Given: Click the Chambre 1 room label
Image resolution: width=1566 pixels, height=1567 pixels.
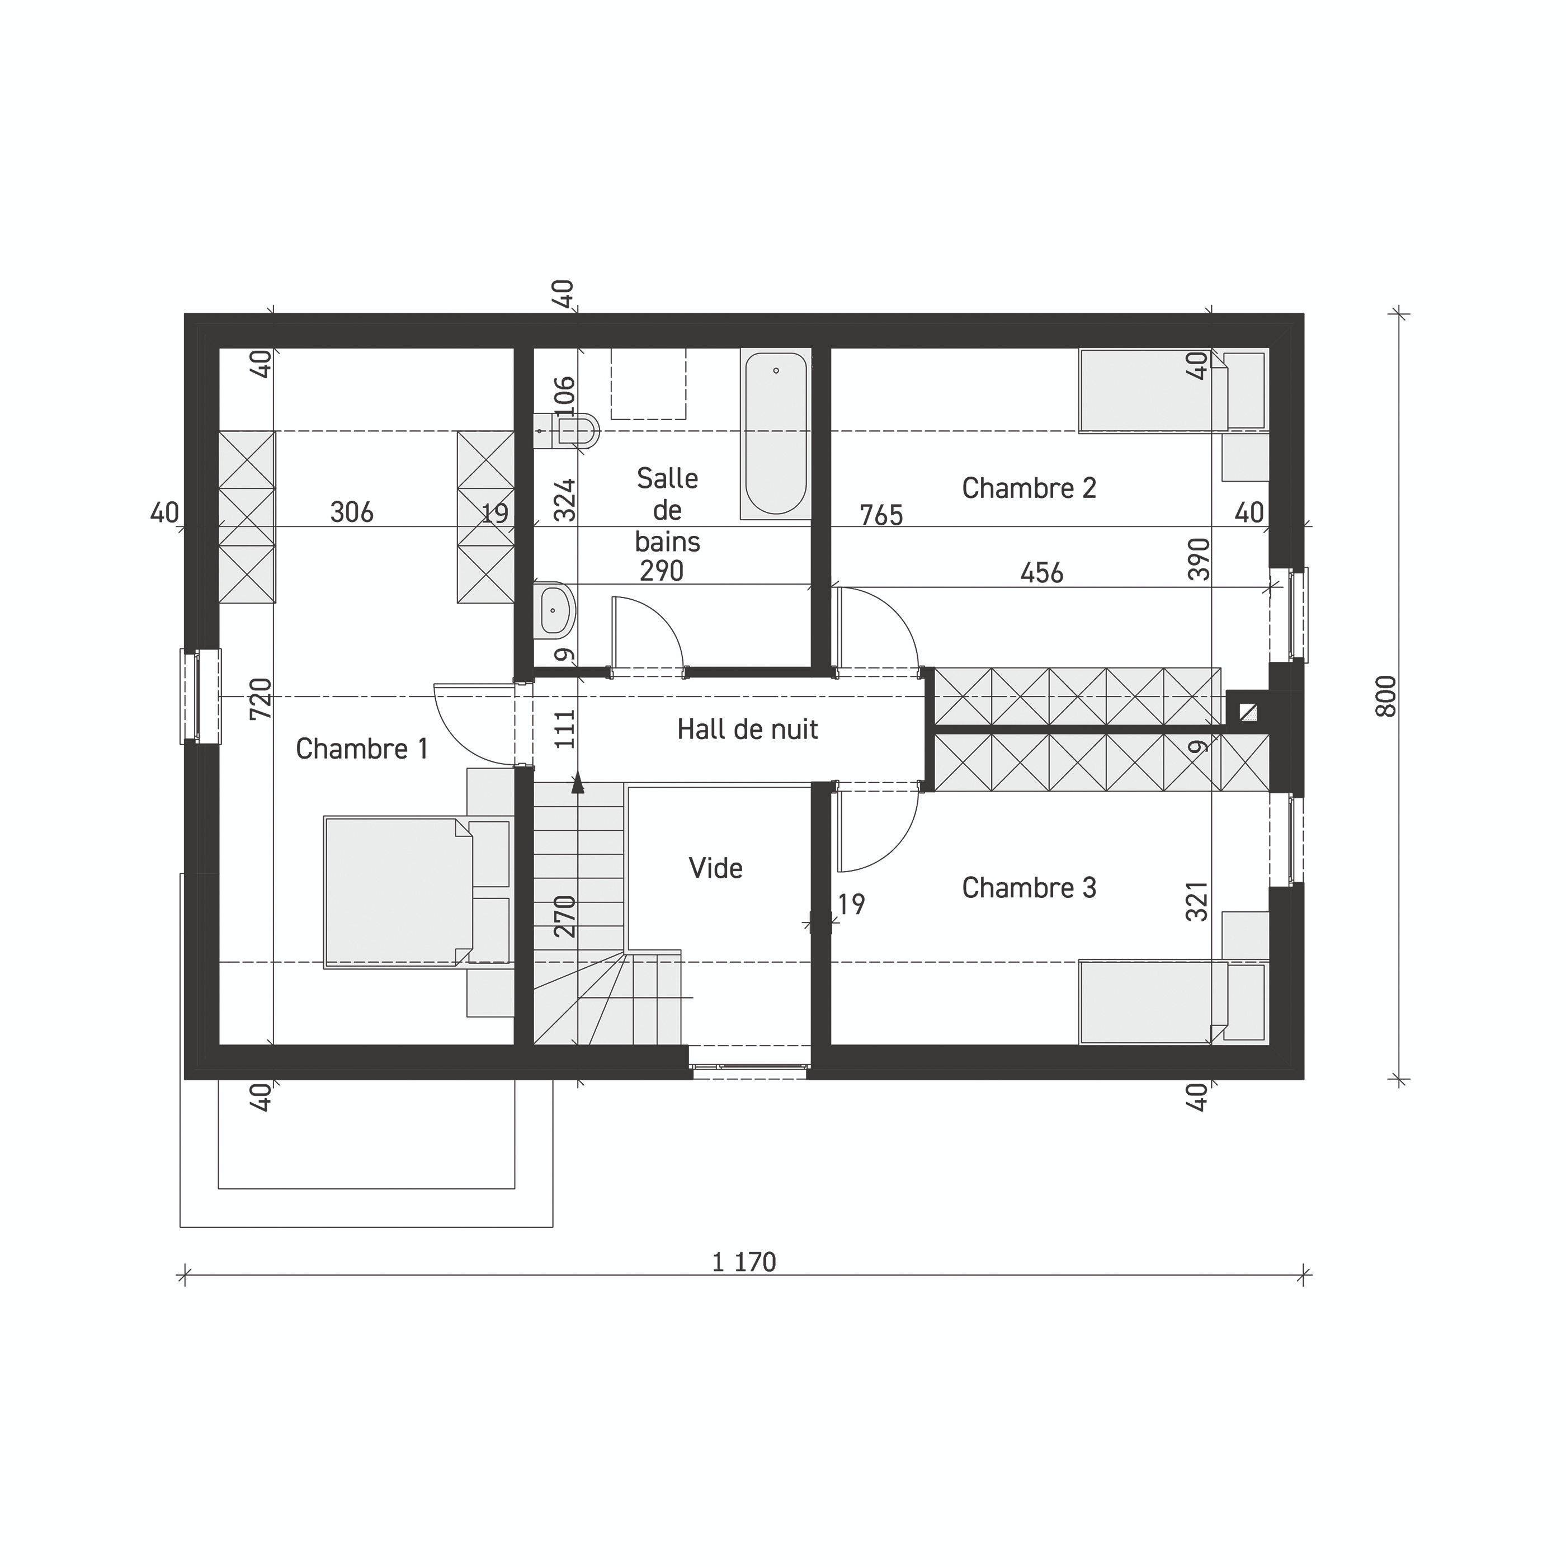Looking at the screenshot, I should pos(362,749).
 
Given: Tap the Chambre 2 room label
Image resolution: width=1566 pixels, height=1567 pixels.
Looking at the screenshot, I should pos(1029,488).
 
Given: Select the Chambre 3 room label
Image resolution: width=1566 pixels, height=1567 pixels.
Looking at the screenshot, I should pos(1029,888).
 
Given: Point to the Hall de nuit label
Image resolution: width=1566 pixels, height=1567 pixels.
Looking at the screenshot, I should pos(747,729).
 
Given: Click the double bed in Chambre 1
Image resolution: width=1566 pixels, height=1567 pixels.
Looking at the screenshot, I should pos(398,892).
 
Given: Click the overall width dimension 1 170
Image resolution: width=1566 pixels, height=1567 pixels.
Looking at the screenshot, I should pos(744,1262).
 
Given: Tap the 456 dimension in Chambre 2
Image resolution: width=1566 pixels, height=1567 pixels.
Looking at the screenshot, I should pos(1041,573).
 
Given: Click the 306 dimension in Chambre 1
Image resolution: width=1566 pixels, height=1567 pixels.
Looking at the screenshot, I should pos(352,512).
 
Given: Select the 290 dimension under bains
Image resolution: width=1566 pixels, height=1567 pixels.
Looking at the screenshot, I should pos(661,571).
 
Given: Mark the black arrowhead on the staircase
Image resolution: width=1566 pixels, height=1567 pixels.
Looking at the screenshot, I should pos(577,783).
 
